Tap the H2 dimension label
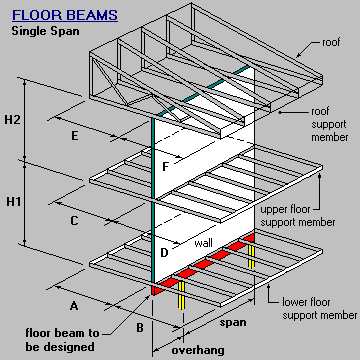coord(12,121)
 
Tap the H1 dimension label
coord(12,202)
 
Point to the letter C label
coord(74,219)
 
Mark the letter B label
coord(138,325)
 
